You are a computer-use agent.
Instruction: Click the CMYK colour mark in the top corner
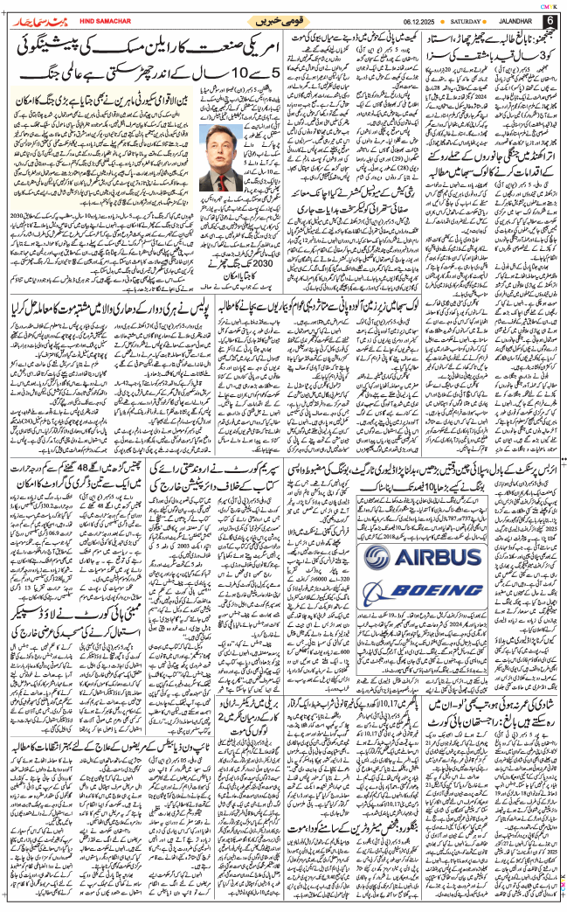[x=549, y=3]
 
